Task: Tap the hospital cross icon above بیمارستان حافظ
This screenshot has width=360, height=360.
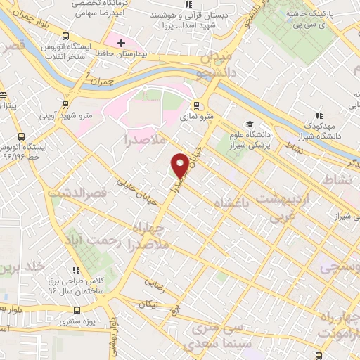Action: (122, 44)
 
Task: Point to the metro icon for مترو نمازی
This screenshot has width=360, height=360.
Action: (196, 107)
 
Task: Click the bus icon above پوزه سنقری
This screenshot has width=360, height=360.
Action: (77, 310)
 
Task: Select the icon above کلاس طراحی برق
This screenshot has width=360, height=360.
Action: (77, 269)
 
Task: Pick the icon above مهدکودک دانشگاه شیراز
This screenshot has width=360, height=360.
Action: (319, 115)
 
